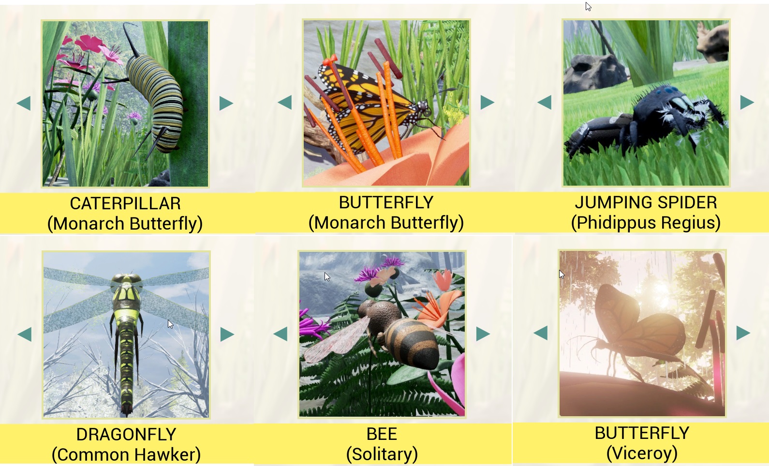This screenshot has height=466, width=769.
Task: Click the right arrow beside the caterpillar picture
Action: (226, 103)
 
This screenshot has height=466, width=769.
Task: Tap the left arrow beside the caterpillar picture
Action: (24, 103)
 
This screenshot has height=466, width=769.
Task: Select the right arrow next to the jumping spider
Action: (747, 102)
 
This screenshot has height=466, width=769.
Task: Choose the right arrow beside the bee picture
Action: (483, 334)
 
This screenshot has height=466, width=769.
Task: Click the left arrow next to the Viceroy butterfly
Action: (541, 333)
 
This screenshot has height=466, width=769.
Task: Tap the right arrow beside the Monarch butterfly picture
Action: (487, 102)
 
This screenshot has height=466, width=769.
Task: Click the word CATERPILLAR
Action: (125, 204)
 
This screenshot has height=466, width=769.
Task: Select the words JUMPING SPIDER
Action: (646, 203)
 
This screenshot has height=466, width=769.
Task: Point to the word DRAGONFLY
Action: (126, 435)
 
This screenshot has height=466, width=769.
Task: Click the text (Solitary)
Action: (382, 454)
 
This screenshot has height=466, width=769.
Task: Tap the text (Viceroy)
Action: (642, 453)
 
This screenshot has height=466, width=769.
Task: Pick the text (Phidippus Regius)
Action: (646, 222)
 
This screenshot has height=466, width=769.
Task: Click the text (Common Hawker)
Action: (126, 454)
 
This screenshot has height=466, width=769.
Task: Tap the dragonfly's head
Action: (127, 280)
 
